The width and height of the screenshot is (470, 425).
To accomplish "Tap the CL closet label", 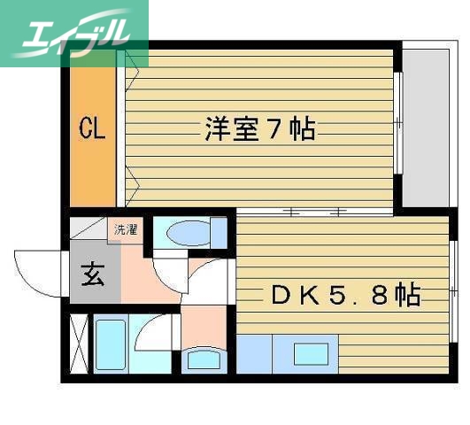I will (x=92, y=130).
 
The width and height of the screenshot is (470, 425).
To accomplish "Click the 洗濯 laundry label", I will (x=123, y=230).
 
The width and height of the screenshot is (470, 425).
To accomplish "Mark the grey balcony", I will (x=427, y=124).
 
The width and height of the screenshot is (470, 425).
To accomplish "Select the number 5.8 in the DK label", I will (x=358, y=294).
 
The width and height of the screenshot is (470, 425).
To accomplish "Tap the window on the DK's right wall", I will (x=454, y=283).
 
